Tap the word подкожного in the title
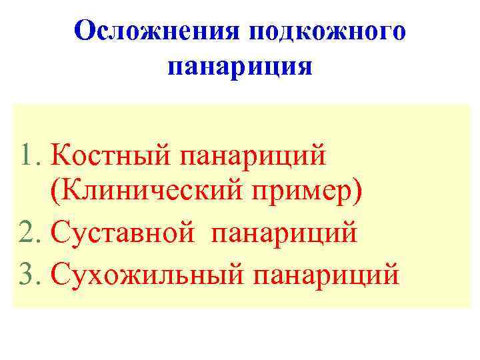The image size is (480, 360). tap(327, 32)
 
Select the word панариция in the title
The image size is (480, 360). tap(239, 67)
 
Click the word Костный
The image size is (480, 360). tap(111, 158)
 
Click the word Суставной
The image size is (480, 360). tap(123, 235)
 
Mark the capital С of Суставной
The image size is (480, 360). tap(59, 235)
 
